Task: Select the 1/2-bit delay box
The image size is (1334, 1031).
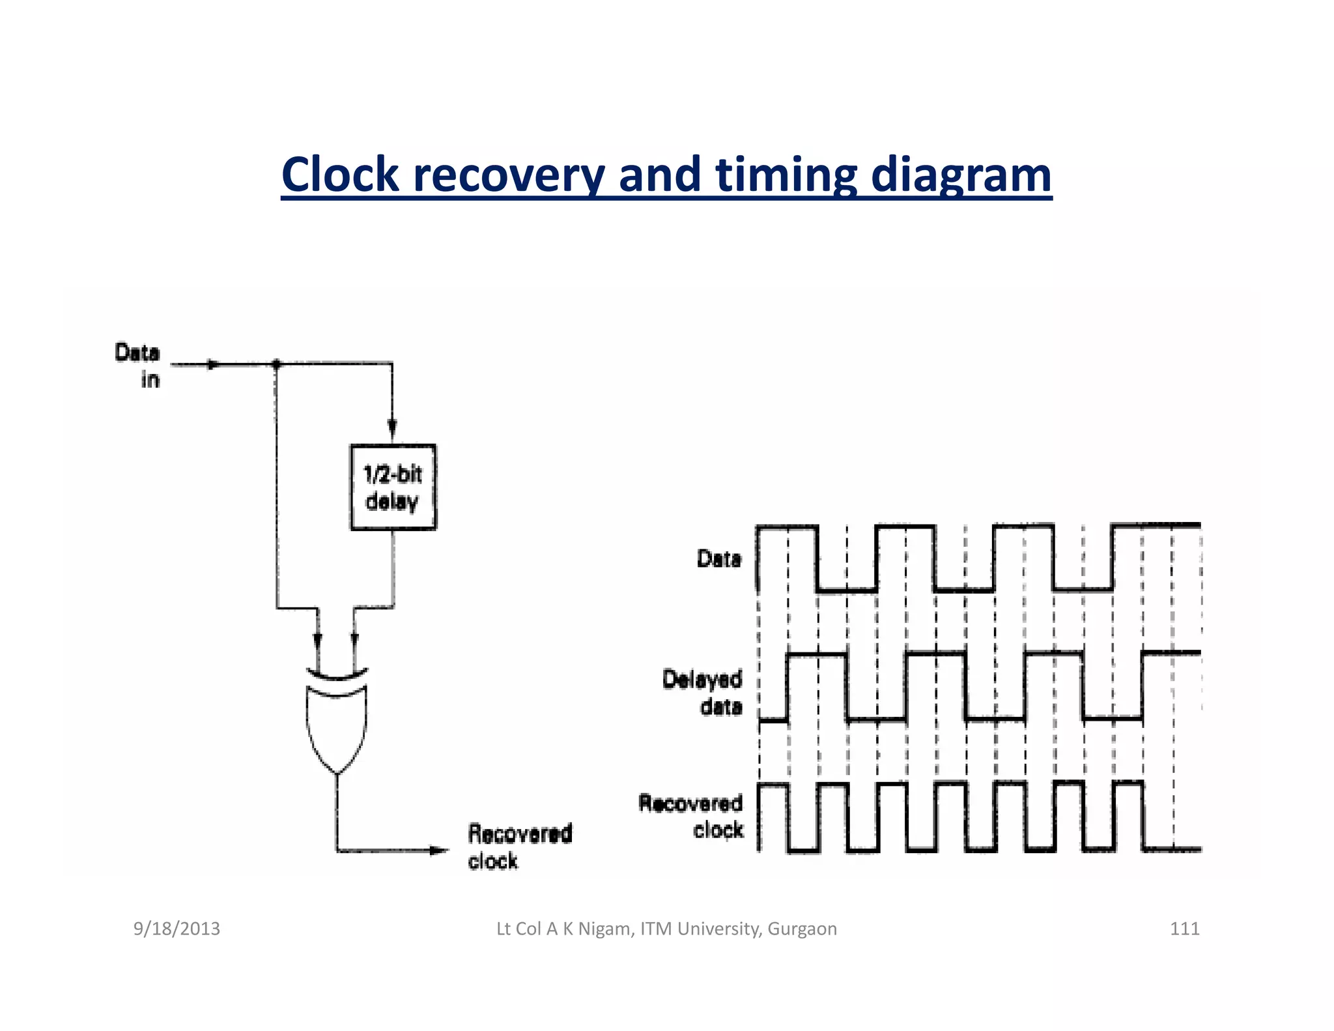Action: [393, 487]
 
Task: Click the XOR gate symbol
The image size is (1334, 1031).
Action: [336, 720]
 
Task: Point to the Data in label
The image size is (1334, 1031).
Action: [138, 366]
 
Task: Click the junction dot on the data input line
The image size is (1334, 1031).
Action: [276, 364]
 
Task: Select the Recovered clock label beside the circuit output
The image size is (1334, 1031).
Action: [519, 847]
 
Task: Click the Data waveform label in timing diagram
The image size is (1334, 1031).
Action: [718, 559]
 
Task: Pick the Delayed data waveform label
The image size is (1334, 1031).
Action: [703, 692]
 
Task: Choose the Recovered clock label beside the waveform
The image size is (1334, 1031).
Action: [691, 816]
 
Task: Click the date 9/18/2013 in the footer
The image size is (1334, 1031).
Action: [177, 929]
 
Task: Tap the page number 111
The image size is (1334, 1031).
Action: [1184, 929]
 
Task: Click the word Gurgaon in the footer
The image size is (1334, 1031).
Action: [802, 929]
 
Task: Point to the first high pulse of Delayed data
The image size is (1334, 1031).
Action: [817, 654]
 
